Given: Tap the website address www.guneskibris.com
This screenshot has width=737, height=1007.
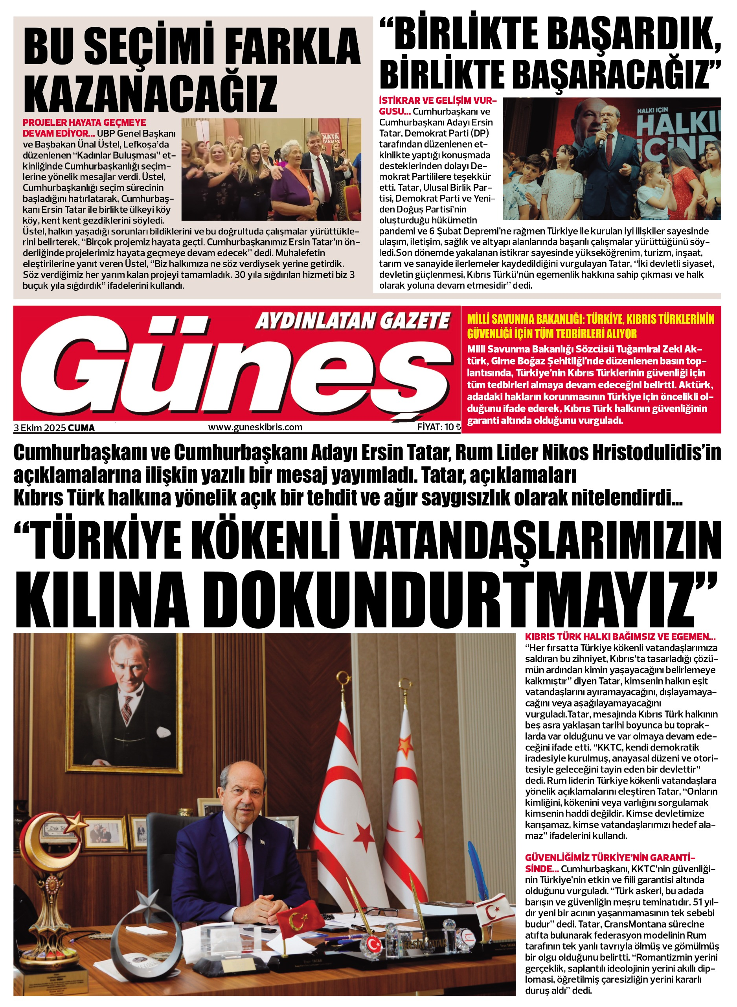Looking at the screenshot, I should point(255,427).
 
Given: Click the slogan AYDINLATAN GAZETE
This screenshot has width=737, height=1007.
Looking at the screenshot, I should point(353,321).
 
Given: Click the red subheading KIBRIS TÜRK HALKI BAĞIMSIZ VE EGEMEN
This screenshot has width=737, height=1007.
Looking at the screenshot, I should point(620,637).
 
